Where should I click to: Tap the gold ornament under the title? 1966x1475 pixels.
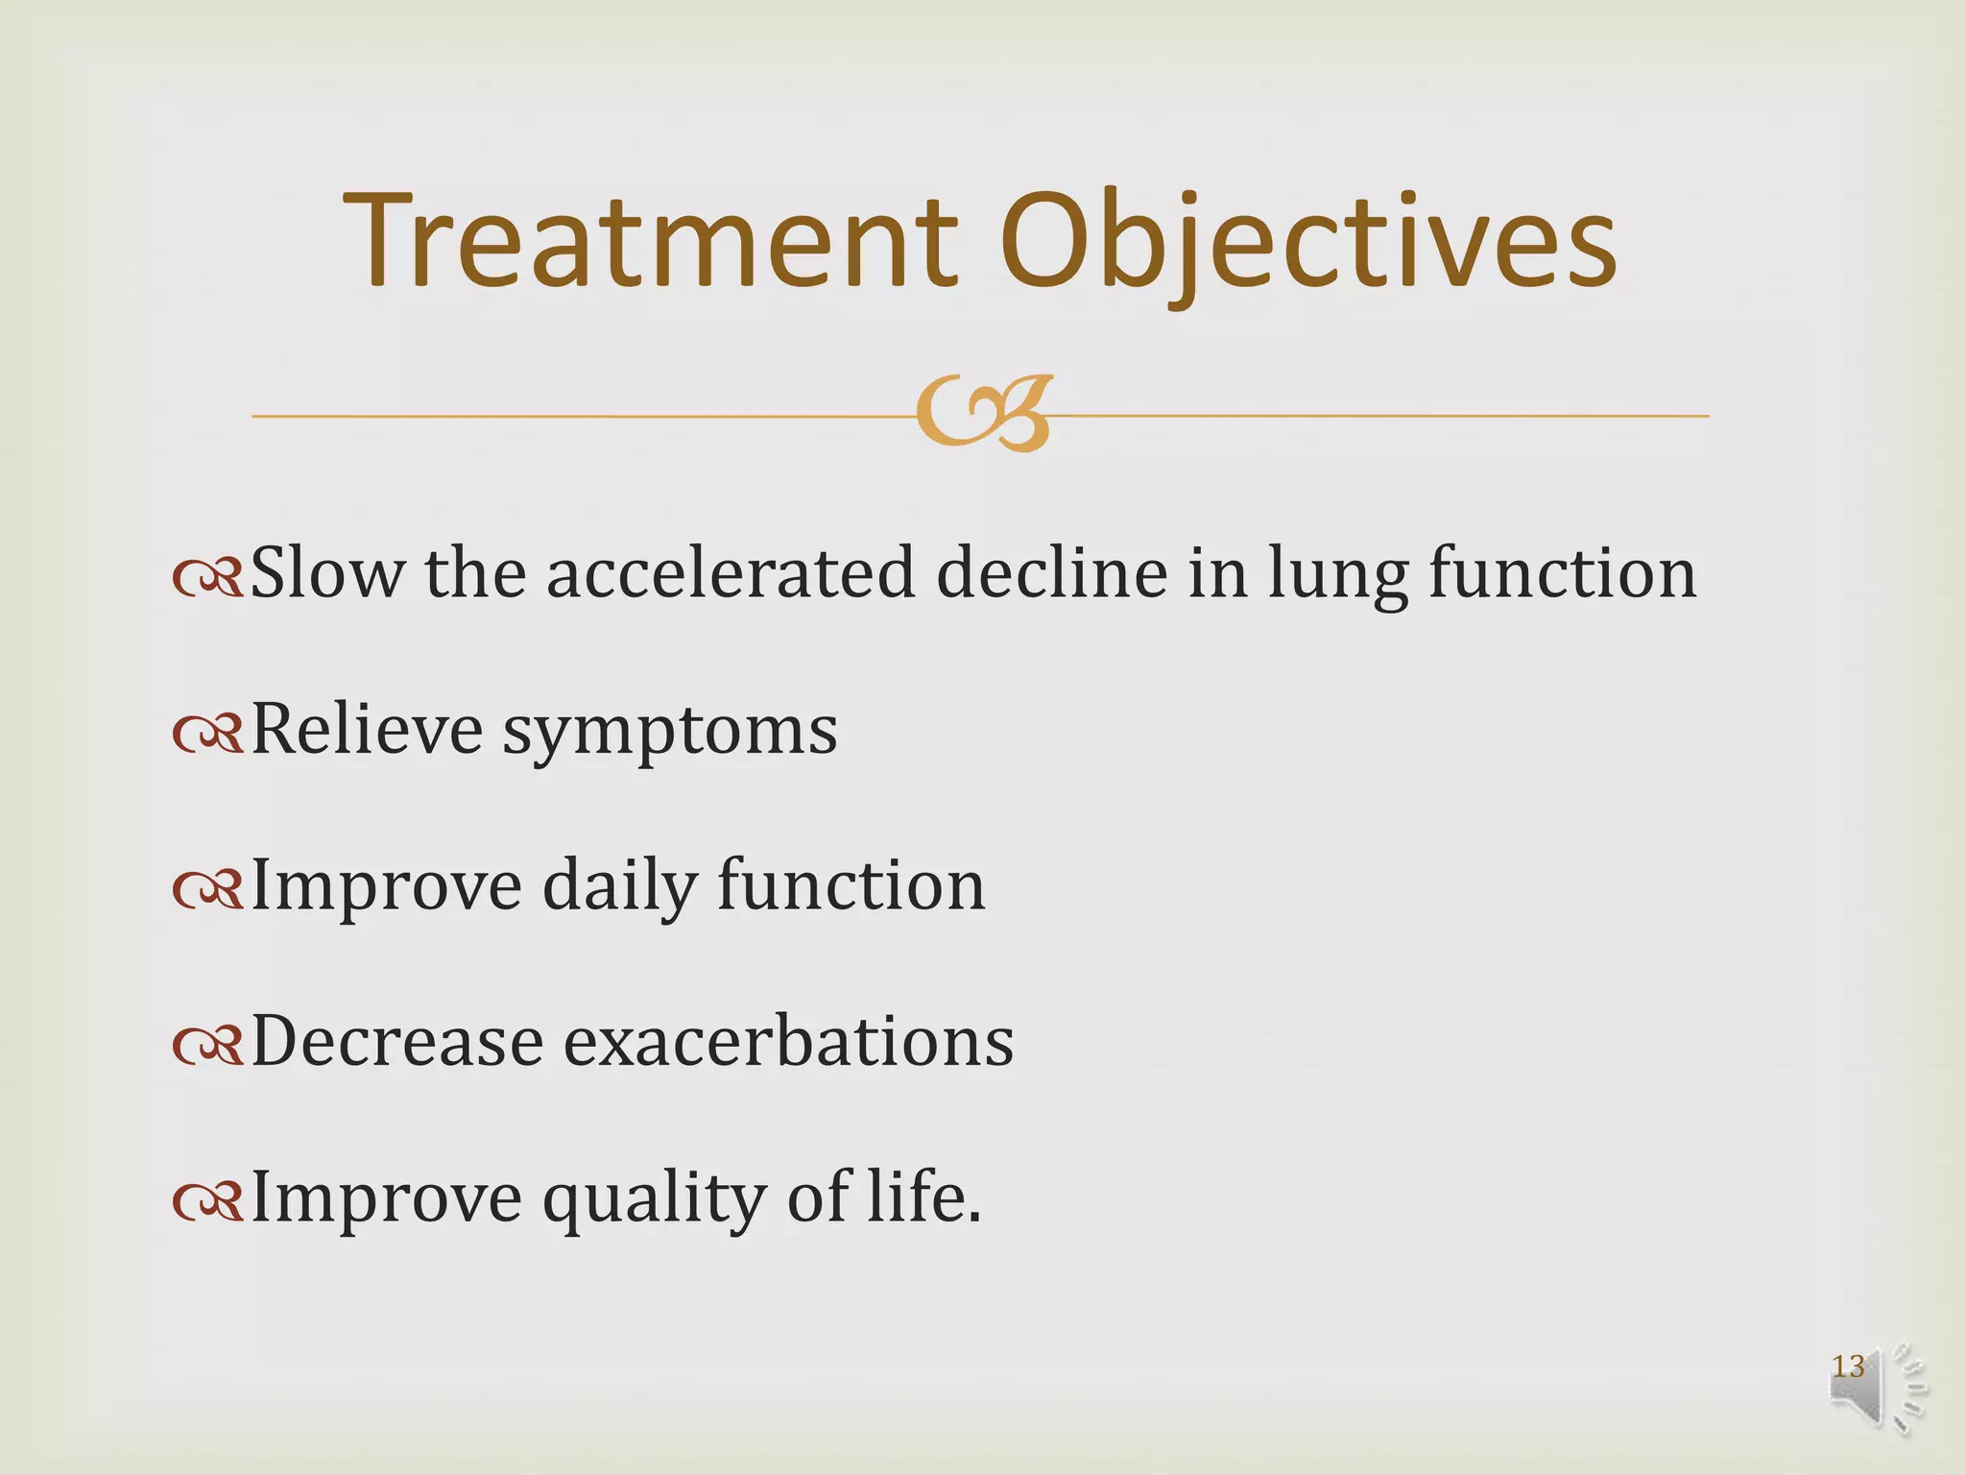point(984,414)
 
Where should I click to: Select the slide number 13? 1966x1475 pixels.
point(1848,1366)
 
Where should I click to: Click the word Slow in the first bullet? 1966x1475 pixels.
point(326,573)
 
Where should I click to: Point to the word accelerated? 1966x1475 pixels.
point(730,573)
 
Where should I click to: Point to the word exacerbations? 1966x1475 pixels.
point(787,1042)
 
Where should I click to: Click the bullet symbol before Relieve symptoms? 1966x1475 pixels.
point(207,736)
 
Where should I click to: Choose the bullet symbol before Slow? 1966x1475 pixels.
point(207,579)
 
